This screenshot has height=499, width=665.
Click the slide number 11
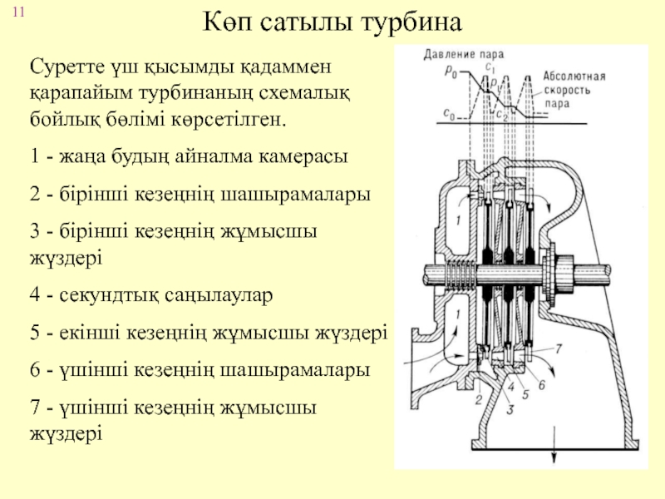(18, 12)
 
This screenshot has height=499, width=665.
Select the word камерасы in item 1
(303, 156)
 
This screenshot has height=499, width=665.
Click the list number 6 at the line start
(35, 369)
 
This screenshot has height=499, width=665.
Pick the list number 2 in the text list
(35, 195)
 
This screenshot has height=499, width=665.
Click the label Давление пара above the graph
(464, 54)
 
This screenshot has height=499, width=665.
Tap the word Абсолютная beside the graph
(574, 77)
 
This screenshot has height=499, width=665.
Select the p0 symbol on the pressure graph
(451, 72)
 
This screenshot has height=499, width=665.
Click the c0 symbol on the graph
(449, 114)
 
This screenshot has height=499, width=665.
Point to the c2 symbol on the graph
(502, 115)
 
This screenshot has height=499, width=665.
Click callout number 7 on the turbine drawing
(559, 348)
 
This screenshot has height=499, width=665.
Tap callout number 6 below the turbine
(542, 385)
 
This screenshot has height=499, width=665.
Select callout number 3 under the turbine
(510, 409)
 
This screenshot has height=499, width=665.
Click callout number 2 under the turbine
(479, 399)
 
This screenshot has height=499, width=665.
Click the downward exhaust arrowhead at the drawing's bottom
(554, 460)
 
